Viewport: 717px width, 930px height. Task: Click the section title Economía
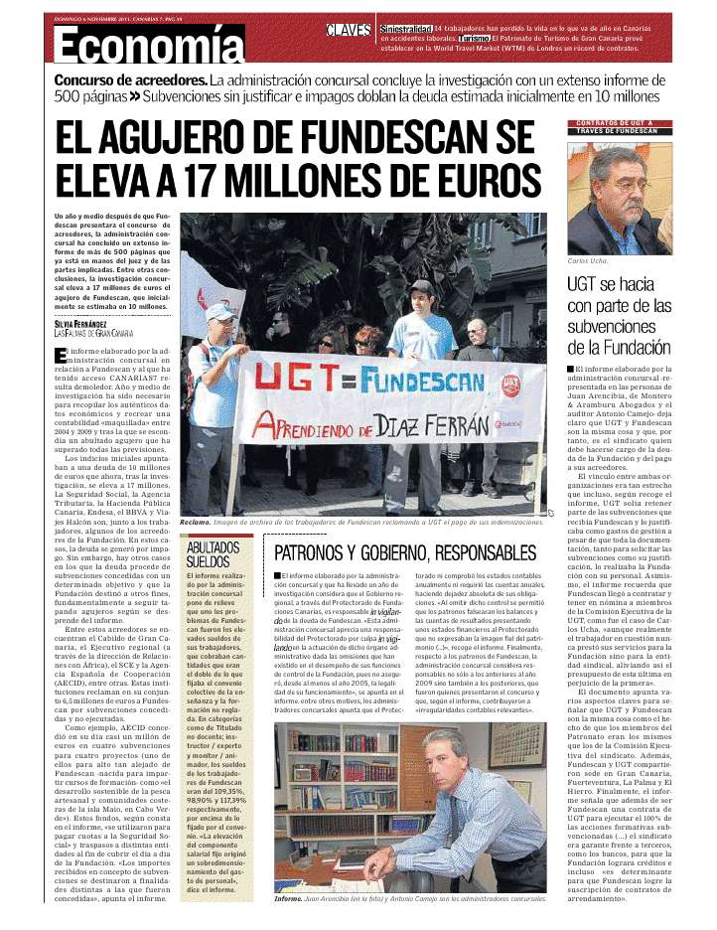coord(149,45)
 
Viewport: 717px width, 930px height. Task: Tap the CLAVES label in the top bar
coord(349,30)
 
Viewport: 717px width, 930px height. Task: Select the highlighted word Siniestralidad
coord(405,29)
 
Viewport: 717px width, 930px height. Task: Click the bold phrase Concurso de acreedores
coord(130,79)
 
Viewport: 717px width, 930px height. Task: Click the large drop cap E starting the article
coord(61,356)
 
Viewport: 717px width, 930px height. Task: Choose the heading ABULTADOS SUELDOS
coord(213,554)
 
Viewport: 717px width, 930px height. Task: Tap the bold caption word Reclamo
coord(195,522)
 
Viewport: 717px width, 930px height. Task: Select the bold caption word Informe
coord(290,898)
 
